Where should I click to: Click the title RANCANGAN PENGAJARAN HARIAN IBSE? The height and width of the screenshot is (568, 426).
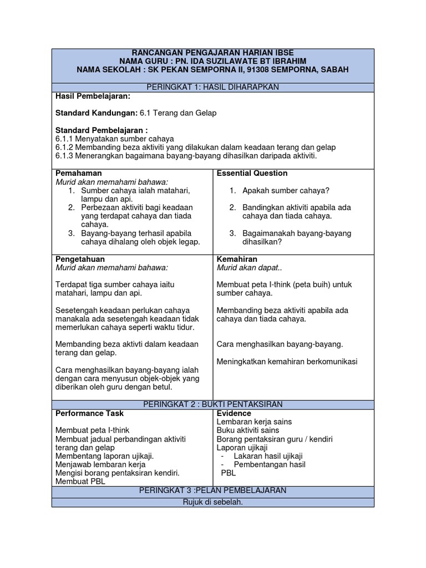click(x=212, y=53)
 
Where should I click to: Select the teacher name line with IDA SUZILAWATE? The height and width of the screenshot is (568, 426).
click(x=212, y=61)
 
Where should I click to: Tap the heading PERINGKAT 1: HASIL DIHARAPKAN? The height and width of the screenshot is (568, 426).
click(x=212, y=87)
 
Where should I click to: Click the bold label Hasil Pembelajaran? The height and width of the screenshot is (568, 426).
click(x=93, y=96)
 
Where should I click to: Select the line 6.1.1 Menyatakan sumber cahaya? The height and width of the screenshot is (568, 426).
click(x=115, y=139)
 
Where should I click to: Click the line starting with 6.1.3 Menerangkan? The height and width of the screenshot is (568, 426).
click(x=186, y=156)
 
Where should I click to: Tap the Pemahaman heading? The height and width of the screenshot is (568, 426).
click(x=79, y=173)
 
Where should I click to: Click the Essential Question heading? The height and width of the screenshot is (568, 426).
click(x=252, y=173)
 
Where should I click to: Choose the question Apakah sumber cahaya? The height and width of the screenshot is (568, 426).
click(x=286, y=191)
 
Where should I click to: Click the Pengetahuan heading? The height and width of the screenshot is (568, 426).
click(x=80, y=259)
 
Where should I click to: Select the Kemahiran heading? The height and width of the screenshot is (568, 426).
click(x=237, y=259)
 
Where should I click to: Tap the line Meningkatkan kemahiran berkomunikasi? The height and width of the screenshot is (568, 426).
click(x=287, y=362)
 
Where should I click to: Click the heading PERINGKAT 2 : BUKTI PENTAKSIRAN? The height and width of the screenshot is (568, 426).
click(x=212, y=404)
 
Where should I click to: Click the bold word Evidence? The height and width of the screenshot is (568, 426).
click(x=234, y=413)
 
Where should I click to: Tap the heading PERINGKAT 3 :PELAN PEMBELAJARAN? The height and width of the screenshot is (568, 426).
click(x=212, y=490)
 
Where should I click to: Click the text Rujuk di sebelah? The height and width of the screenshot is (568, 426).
click(x=212, y=503)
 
